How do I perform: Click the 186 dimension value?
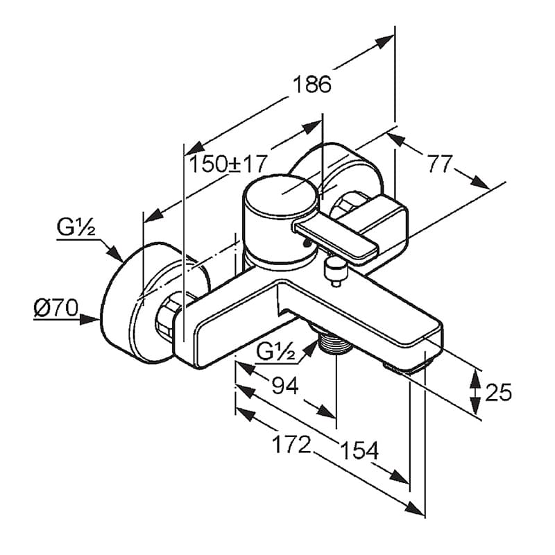tap(312, 85)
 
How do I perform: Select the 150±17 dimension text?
tap(228, 164)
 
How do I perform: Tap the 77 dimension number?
tap(440, 164)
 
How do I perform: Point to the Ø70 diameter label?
tap(55, 307)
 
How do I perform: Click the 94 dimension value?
tap(285, 386)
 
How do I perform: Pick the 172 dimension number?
tap(291, 445)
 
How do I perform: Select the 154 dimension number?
tap(359, 450)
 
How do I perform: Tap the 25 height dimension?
tap(498, 392)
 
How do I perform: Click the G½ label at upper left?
tap(76, 228)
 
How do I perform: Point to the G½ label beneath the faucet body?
tap(275, 352)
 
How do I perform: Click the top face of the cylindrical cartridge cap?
tap(280, 196)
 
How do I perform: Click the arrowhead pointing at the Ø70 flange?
tap(89, 320)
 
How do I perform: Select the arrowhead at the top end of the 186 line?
tap(385, 42)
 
